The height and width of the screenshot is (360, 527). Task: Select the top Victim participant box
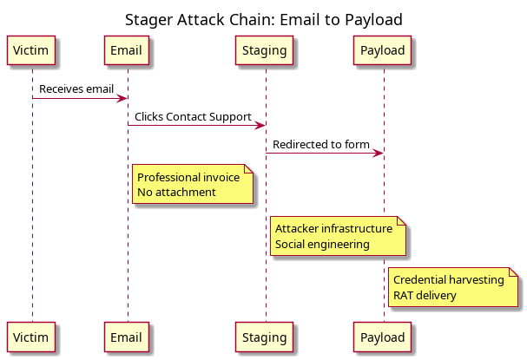point(31,50)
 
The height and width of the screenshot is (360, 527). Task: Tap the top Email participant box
point(127,50)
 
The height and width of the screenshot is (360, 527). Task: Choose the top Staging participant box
point(264,50)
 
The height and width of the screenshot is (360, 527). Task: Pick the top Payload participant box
point(382,50)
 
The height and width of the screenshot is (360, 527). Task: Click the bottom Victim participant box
point(31,337)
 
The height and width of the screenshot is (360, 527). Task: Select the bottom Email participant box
point(127,337)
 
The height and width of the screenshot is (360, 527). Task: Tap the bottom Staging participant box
point(264,337)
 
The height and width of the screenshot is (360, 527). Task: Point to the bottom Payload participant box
point(382,337)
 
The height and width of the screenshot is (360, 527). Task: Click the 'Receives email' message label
point(76,89)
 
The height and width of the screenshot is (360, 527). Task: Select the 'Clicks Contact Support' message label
point(193,117)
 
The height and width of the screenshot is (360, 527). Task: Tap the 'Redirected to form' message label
point(321,144)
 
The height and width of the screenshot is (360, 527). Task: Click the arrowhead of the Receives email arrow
point(122,98)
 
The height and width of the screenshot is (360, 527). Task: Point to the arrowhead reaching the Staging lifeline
point(260,126)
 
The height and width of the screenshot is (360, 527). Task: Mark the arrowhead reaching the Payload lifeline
point(379,154)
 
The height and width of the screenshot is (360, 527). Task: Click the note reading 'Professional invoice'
point(193,184)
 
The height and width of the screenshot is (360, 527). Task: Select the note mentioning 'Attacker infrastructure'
point(338,236)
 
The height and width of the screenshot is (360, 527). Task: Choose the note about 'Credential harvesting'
point(453,287)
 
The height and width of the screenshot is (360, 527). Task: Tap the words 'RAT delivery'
point(425,296)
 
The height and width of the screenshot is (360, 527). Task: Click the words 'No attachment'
point(176,193)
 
